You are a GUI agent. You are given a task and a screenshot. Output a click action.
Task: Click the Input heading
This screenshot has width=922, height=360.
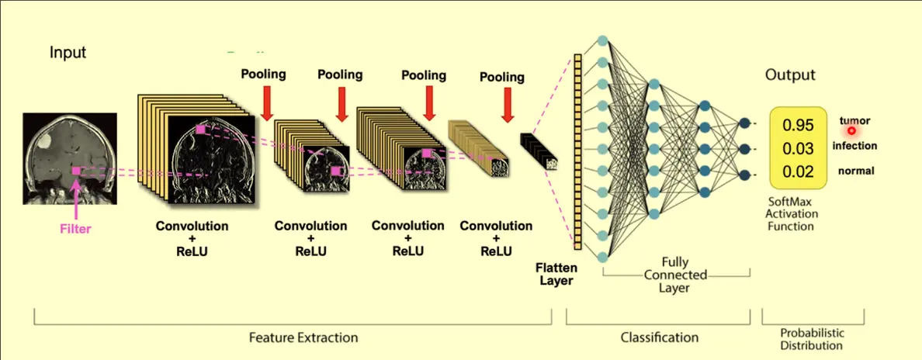(x=68, y=53)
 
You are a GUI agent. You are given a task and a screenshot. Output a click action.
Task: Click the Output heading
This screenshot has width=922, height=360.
(x=790, y=75)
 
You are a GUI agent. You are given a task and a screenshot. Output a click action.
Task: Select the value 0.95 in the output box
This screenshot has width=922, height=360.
(x=798, y=126)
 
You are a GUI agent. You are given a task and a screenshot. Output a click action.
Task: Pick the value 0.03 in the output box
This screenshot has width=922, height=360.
(x=798, y=149)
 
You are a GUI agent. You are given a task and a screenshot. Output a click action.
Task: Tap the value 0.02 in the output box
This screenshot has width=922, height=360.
(x=798, y=172)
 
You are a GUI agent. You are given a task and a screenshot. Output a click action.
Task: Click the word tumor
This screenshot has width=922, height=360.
(x=854, y=120)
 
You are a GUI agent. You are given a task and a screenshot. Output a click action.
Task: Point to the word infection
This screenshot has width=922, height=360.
(x=854, y=146)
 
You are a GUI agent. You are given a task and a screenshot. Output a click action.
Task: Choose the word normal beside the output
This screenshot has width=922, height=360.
(x=854, y=171)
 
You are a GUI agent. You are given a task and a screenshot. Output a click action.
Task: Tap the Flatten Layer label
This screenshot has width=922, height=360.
(x=556, y=274)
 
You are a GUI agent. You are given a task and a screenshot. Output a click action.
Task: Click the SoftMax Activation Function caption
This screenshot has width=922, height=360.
(x=791, y=213)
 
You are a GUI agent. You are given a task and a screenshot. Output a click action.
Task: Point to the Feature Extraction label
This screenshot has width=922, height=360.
(x=303, y=337)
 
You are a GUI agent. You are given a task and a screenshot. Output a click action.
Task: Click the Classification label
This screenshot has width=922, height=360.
(x=660, y=337)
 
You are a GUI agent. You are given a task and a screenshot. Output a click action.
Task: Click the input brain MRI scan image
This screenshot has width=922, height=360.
(x=70, y=159)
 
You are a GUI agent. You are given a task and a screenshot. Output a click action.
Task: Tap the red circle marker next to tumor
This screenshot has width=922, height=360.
(x=851, y=131)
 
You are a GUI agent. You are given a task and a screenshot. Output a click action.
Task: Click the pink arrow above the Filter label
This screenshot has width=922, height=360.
(x=76, y=199)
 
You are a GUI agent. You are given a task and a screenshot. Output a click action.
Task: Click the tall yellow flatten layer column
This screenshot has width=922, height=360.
(x=577, y=153)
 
